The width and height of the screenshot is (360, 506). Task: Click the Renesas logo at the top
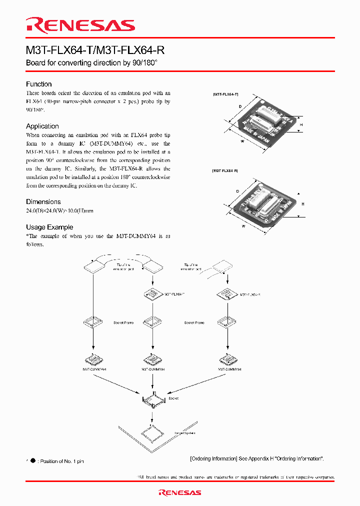coord(80,25)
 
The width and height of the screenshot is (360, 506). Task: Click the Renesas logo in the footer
coord(180,492)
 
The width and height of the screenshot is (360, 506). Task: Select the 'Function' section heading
coord(39,84)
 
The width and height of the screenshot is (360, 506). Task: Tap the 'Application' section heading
coord(42,126)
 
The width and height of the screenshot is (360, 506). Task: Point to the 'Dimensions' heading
coord(43,202)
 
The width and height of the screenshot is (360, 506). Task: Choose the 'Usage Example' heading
coord(49,227)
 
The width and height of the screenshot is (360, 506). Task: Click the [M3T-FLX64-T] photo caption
coord(225,94)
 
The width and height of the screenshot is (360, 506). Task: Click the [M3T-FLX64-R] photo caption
coord(225,171)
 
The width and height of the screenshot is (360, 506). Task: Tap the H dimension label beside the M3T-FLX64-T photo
coord(301,124)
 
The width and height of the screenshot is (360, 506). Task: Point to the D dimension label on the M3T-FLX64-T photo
coord(240,106)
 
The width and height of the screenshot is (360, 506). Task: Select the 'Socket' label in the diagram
coord(173,398)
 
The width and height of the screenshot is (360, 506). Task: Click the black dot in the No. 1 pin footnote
coord(33,461)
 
